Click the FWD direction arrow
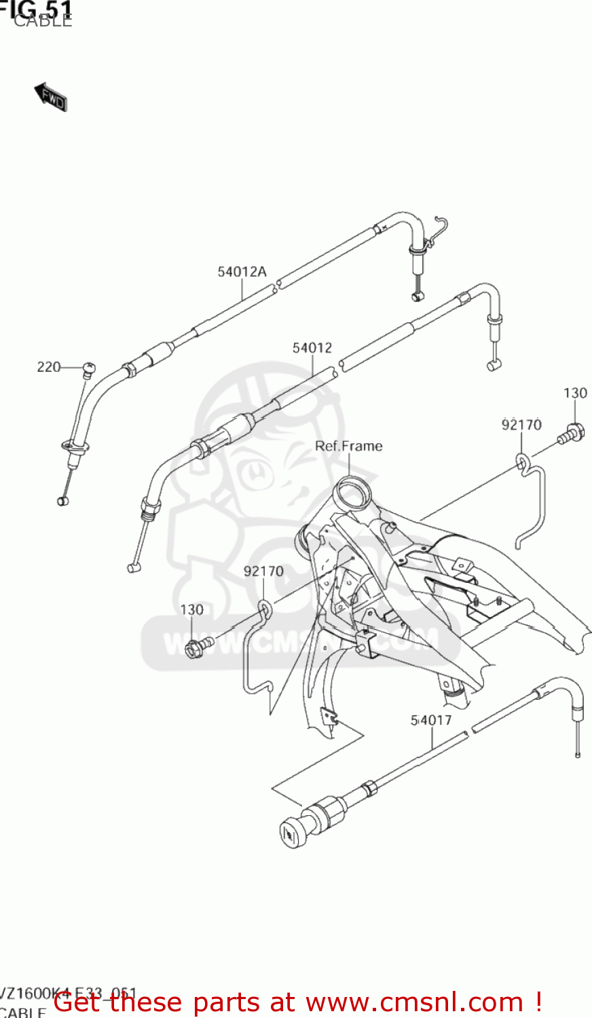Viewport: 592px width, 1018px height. point(51,98)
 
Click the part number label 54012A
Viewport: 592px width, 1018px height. point(242,272)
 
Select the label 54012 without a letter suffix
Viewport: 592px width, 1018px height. point(312,348)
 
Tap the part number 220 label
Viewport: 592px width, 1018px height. point(49,367)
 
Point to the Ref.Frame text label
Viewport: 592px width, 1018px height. point(349,446)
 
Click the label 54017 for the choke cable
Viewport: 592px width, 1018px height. point(431,720)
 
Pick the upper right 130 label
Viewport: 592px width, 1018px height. point(575,393)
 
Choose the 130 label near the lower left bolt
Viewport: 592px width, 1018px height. point(191,609)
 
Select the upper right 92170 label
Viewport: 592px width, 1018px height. point(521,425)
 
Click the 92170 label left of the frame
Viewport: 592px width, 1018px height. point(263,571)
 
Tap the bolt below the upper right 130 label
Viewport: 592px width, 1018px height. point(571,433)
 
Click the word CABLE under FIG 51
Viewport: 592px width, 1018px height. point(43,21)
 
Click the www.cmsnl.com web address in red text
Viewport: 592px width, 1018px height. point(414,1002)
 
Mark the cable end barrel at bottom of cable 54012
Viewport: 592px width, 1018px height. point(133,567)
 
